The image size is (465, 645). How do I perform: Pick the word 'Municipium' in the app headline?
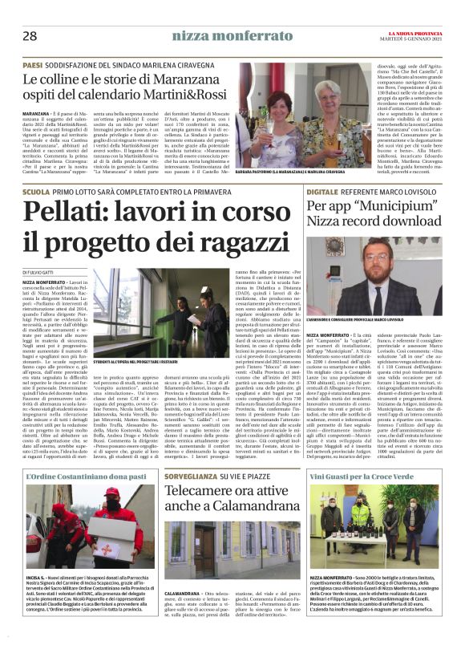click(x=386, y=207)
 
